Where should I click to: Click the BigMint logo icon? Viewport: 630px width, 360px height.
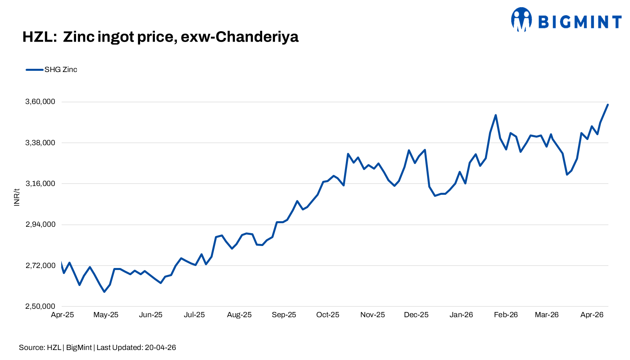521,19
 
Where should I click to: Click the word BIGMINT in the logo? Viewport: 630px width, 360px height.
580,22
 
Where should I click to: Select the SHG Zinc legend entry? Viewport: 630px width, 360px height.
60,70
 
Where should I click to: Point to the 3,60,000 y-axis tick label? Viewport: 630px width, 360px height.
40,102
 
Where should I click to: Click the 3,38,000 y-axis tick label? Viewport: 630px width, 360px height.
40,143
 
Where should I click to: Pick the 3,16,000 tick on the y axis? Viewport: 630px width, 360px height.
40,184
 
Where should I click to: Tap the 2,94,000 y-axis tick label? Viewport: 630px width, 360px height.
40,224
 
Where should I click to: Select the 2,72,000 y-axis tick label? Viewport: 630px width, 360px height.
40,266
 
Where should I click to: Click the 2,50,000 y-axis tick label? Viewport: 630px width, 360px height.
40,306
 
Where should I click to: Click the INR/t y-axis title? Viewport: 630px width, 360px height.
17,197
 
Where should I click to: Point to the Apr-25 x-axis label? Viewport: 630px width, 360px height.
62,315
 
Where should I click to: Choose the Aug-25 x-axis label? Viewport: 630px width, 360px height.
239,315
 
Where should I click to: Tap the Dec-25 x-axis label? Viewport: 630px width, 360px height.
416,315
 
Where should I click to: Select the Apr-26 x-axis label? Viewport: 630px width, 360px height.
592,315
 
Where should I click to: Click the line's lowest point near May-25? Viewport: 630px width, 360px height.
104,292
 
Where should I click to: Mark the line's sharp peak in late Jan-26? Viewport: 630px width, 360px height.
496,115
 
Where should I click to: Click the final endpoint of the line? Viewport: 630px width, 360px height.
608,105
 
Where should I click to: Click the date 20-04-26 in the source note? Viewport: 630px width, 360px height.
160,348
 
